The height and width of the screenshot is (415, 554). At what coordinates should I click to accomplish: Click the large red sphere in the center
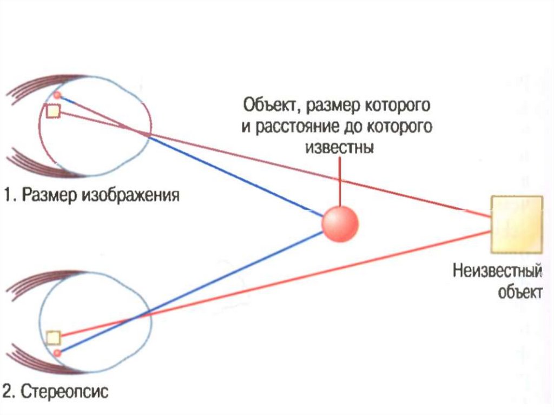coord(340,223)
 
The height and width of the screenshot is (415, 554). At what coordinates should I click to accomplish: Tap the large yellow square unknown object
coord(516,225)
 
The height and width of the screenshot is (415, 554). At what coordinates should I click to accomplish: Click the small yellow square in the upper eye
coord(53,111)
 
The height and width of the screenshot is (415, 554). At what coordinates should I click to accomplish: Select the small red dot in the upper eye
coord(57,96)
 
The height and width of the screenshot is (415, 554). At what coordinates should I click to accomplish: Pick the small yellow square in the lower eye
coord(52,338)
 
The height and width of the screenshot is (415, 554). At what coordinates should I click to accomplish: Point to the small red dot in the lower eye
coord(57,353)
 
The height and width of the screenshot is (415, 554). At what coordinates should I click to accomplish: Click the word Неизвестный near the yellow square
coord(497,271)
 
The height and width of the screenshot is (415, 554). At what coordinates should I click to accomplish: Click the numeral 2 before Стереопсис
coord(8,391)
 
